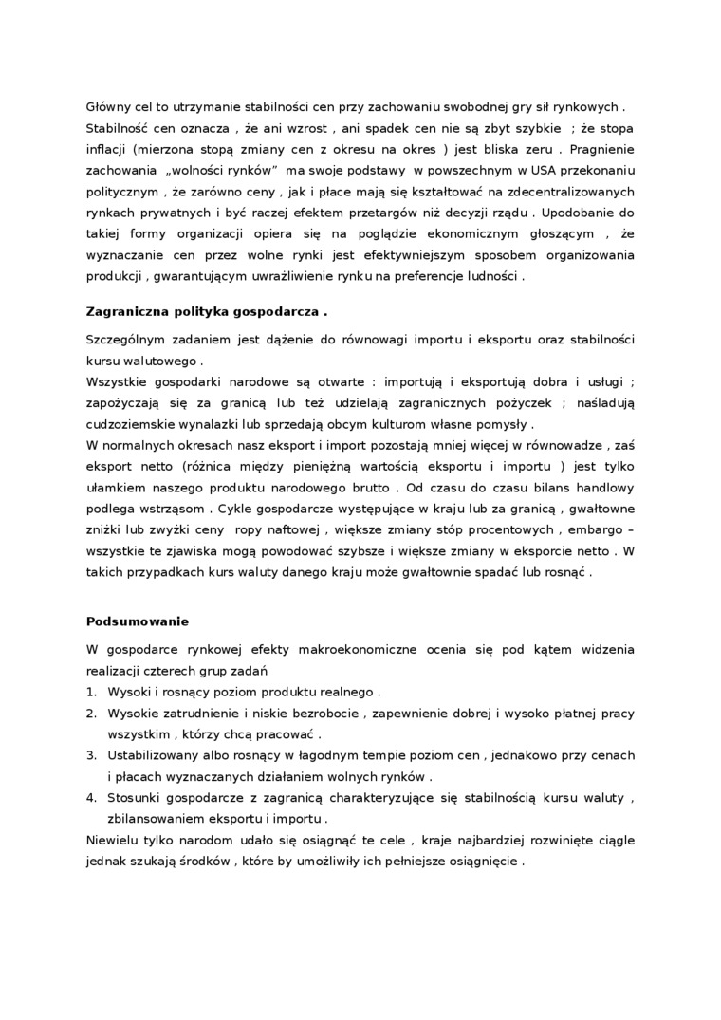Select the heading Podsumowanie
point(137,621)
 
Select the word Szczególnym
point(128,340)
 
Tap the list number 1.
point(91,692)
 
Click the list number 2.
point(91,714)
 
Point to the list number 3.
point(91,755)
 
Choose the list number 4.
point(91,798)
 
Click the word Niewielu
point(112,841)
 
